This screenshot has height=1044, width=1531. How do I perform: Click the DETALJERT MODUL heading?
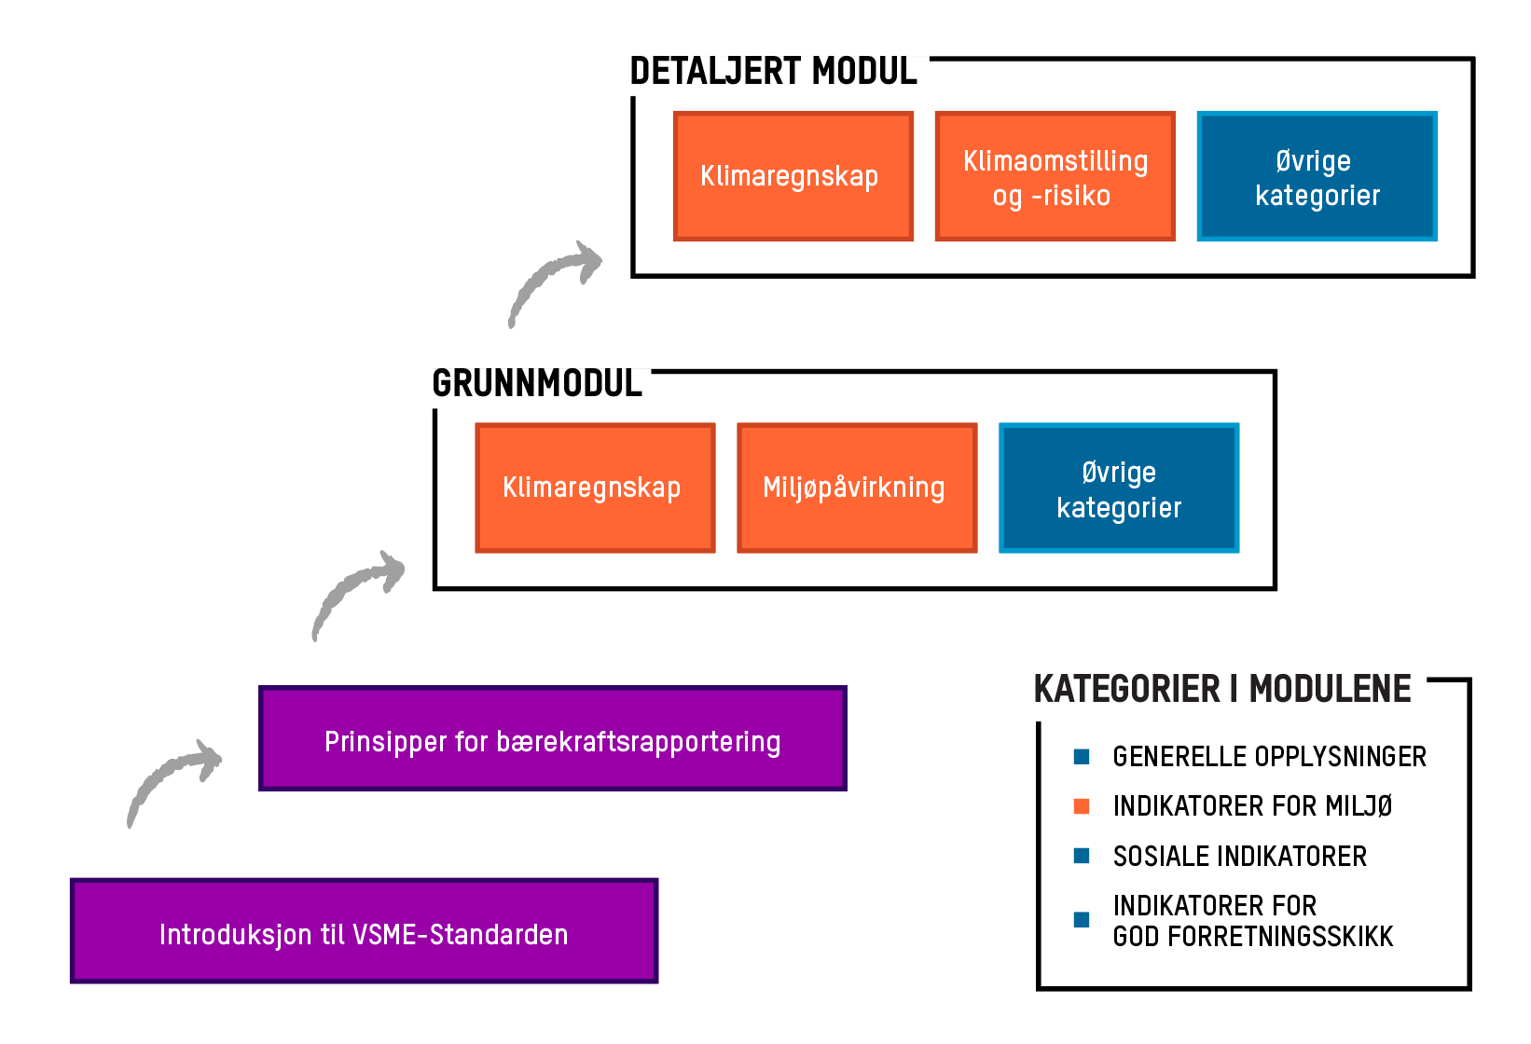(x=773, y=72)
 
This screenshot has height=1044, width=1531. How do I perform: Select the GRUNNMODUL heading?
(x=537, y=383)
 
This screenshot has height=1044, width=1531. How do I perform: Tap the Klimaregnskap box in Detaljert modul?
(x=793, y=176)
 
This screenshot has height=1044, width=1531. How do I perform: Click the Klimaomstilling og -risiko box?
(x=1055, y=176)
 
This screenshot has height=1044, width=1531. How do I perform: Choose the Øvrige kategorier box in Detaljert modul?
(x=1317, y=176)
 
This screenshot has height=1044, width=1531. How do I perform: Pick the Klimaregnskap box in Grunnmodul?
(x=595, y=488)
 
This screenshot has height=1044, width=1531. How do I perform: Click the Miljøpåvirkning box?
(x=857, y=488)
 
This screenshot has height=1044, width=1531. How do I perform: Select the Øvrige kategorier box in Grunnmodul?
(x=1119, y=488)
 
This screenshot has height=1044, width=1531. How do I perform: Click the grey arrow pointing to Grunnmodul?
(x=356, y=591)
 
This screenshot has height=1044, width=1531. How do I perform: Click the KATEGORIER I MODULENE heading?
(x=1222, y=690)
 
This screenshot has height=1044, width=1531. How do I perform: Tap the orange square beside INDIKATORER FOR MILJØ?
(x=1082, y=806)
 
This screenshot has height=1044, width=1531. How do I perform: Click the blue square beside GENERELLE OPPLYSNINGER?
(x=1082, y=757)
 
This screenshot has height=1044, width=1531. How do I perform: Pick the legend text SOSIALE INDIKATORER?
(x=1239, y=857)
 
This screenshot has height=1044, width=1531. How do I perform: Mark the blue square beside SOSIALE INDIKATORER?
(x=1082, y=857)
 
